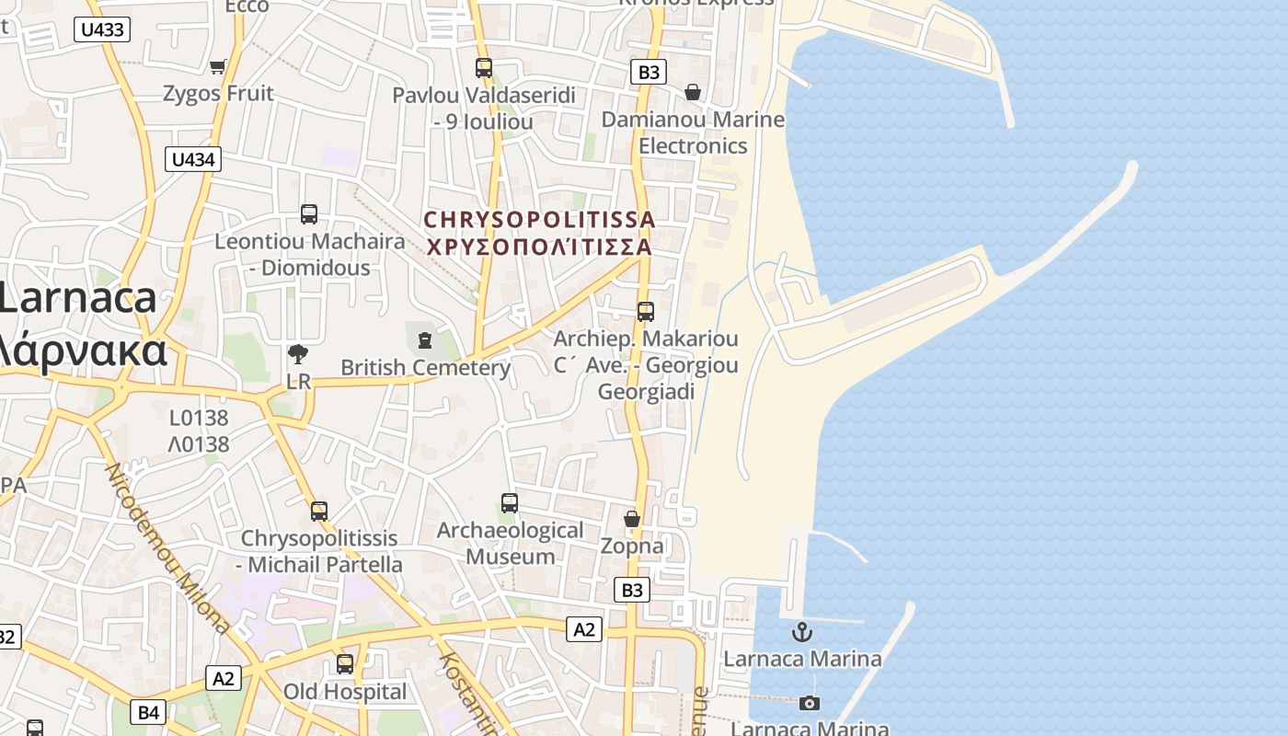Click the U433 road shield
tap(101, 29)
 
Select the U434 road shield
tap(193, 159)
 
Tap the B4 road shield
tap(149, 711)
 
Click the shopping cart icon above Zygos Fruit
tap(218, 66)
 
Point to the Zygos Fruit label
tap(218, 93)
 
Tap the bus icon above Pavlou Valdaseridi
tap(484, 68)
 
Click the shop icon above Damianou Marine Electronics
tap(693, 92)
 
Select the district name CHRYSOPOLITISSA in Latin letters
tap(539, 220)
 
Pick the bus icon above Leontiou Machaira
tap(309, 214)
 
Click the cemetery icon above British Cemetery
tap(425, 340)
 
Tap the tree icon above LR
tap(298, 354)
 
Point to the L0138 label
tap(199, 418)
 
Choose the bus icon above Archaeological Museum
tap(510, 503)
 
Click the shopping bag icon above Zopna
tap(632, 520)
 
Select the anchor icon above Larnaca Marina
tap(803, 632)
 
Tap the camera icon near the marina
tap(810, 704)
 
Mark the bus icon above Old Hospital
tap(345, 664)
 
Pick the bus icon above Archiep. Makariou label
tap(646, 312)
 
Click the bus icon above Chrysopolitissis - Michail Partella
tap(319, 511)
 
